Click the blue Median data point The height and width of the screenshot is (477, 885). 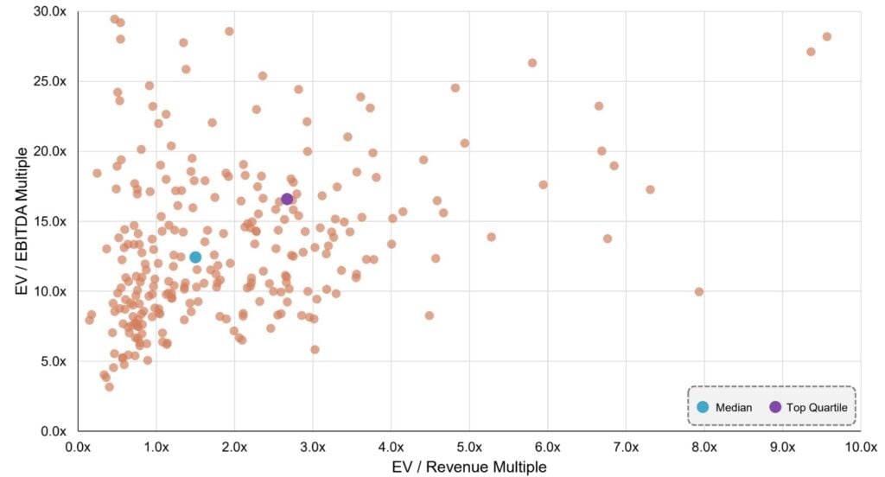(x=195, y=257)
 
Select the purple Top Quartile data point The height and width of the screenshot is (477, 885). (x=287, y=199)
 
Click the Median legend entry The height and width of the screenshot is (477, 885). (x=724, y=407)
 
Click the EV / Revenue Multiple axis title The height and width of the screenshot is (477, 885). (x=468, y=467)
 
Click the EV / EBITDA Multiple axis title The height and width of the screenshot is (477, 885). (x=22, y=221)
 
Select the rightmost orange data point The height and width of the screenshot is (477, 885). (x=826, y=36)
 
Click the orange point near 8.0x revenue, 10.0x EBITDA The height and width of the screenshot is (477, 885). (x=698, y=291)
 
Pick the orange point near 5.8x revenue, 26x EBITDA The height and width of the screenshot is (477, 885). (x=532, y=63)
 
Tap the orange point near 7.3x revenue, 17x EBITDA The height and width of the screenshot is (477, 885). (x=650, y=189)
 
